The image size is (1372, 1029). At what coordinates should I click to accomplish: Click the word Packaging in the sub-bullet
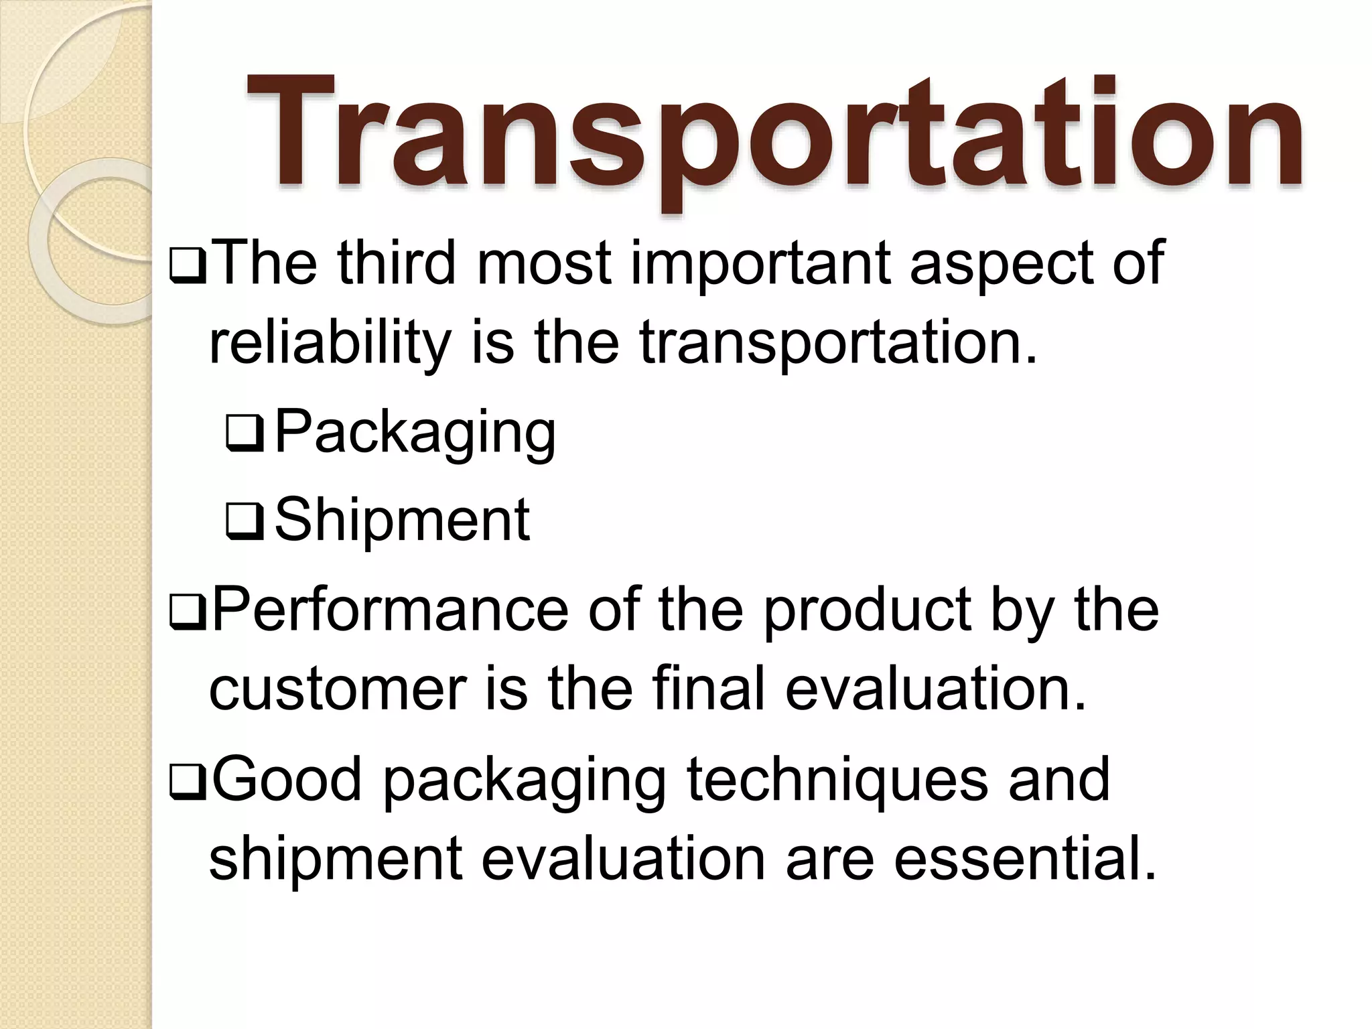tap(415, 433)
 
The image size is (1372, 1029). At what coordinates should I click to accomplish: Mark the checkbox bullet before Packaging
tap(245, 434)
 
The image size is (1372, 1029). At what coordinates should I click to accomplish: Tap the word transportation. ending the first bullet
tap(837, 343)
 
